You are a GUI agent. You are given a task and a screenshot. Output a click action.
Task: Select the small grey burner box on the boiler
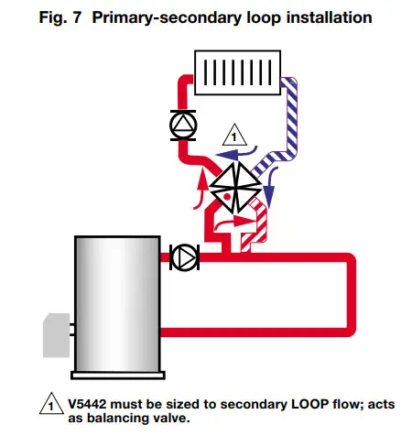tap(52, 333)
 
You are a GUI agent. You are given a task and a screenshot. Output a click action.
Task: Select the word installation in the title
tap(316, 17)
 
